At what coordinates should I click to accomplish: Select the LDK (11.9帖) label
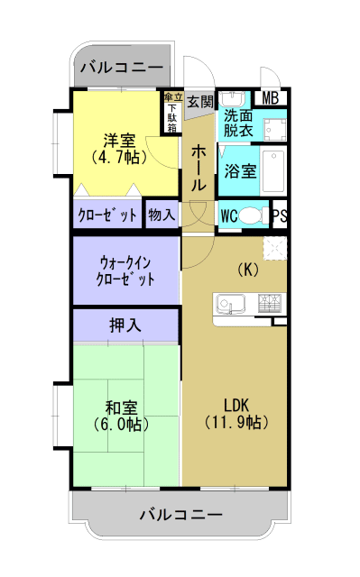tap(235, 412)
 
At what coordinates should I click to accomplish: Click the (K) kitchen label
tap(248, 269)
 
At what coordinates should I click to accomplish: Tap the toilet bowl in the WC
tap(256, 216)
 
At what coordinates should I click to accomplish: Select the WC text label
tap(229, 216)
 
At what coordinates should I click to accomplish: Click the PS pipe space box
tap(280, 216)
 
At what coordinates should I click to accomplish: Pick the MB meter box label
tap(271, 99)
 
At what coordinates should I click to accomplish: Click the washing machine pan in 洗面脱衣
tap(273, 124)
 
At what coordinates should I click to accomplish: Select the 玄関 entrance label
tap(199, 102)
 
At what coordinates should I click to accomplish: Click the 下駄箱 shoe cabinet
tap(171, 114)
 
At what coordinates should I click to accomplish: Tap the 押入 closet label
tap(125, 325)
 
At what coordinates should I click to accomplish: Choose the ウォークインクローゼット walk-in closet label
tap(125, 270)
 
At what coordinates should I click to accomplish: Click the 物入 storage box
tap(162, 216)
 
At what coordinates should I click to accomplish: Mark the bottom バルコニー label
tap(180, 515)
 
